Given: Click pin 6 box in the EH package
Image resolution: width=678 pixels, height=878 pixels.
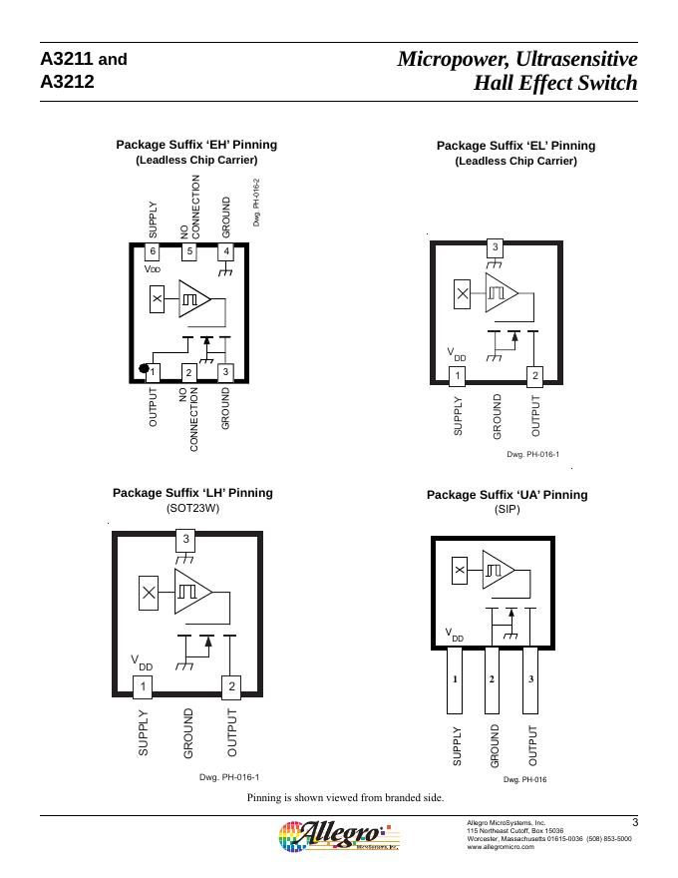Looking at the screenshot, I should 153,252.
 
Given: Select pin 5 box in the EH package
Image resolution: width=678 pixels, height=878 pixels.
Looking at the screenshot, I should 188,252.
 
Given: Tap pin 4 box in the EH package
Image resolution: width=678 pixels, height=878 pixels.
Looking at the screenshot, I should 226,252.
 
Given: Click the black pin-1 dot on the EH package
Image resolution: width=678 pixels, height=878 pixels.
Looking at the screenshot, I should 145,369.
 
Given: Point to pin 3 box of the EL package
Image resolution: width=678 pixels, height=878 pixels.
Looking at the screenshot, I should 495,246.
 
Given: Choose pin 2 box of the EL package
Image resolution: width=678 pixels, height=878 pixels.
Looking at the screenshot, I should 535,376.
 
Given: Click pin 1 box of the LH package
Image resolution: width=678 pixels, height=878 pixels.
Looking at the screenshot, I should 144,686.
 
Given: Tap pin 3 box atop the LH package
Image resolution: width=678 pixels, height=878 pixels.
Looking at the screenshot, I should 186,540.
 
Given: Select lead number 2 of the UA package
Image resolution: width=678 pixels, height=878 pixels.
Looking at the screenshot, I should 492,679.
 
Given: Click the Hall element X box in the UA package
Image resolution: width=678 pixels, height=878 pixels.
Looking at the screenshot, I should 460,571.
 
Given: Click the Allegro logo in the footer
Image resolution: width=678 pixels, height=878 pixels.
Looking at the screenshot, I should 338,835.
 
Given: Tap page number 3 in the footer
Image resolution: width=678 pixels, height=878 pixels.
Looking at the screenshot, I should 635,822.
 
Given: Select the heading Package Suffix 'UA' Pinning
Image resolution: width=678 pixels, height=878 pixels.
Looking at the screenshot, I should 507,495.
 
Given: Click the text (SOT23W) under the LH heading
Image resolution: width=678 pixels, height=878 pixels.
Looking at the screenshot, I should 192,508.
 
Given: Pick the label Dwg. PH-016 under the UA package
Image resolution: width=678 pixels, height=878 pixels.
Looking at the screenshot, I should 524,779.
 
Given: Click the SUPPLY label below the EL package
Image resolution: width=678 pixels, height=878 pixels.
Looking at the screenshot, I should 459,416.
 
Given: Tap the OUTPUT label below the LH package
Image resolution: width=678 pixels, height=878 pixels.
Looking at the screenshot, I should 232,731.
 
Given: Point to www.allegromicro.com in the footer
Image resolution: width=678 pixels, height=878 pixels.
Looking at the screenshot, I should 501,847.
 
